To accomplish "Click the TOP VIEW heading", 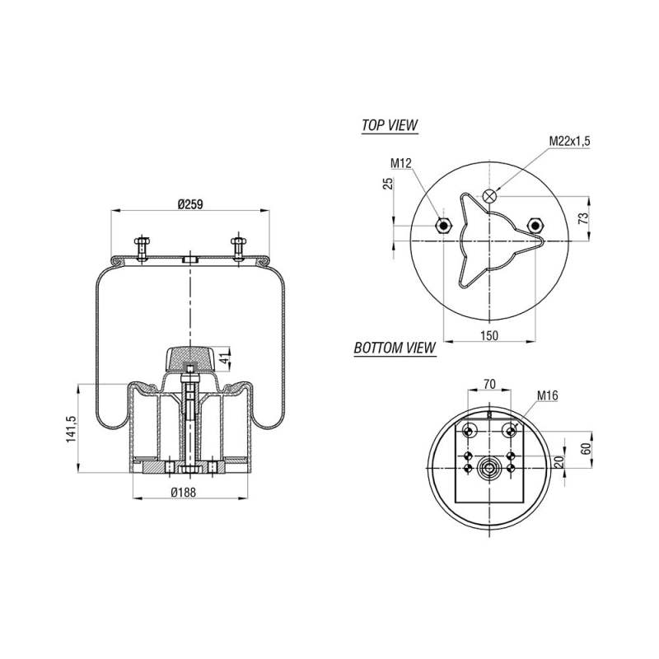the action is pyautogui.click(x=390, y=125).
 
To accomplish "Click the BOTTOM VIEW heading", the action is pyautogui.click(x=395, y=348).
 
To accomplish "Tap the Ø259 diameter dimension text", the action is pyautogui.click(x=190, y=204).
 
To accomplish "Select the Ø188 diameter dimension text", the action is pyautogui.click(x=184, y=492).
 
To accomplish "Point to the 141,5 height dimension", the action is pyautogui.click(x=71, y=428).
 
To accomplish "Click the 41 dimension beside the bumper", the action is pyautogui.click(x=226, y=359).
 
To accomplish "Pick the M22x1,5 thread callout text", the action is pyautogui.click(x=569, y=141).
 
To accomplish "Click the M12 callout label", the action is pyautogui.click(x=401, y=163).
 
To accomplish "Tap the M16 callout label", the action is pyautogui.click(x=548, y=395).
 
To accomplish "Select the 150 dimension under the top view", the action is pyautogui.click(x=489, y=335).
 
